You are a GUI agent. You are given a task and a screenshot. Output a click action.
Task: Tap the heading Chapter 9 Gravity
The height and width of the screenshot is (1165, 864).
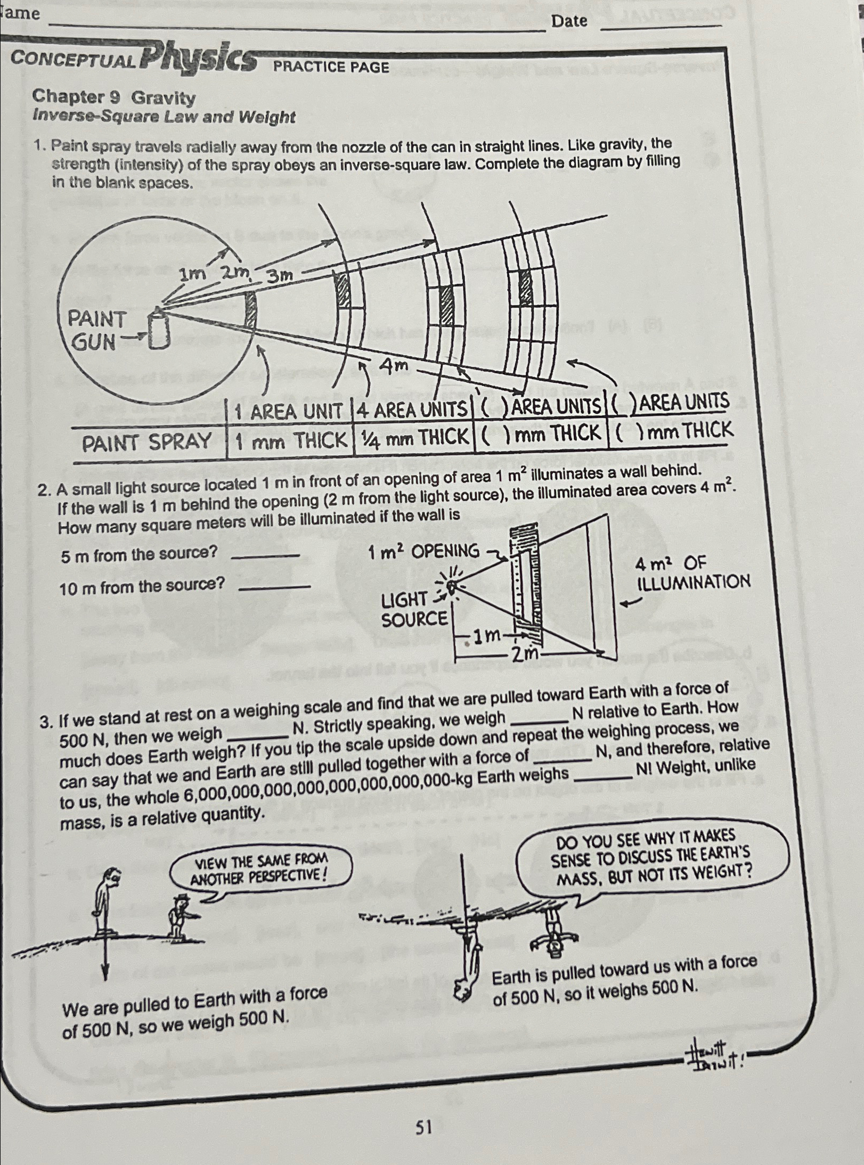(113, 97)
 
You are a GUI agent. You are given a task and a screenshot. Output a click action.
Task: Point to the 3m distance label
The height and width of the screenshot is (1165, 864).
(280, 275)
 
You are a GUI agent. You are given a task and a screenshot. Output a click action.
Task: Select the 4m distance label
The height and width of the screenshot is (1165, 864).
(394, 365)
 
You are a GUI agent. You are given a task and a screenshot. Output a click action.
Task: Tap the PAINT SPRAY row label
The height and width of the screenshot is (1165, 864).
(147, 441)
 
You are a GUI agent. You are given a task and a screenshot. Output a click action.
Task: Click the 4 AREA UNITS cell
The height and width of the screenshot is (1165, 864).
(412, 409)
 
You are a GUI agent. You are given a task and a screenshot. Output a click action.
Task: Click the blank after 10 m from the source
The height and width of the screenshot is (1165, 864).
(275, 586)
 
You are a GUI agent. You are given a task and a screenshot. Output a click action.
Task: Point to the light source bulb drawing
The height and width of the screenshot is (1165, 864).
(451, 587)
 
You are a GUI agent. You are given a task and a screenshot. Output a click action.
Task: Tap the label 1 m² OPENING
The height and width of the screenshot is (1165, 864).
(423, 552)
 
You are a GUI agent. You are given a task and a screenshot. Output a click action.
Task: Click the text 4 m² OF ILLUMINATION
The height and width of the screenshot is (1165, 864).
(692, 572)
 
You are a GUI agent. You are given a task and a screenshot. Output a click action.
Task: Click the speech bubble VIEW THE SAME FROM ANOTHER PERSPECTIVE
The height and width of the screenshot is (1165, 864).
(260, 869)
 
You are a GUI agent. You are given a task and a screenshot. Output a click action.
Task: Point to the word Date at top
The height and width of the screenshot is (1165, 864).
(569, 21)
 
